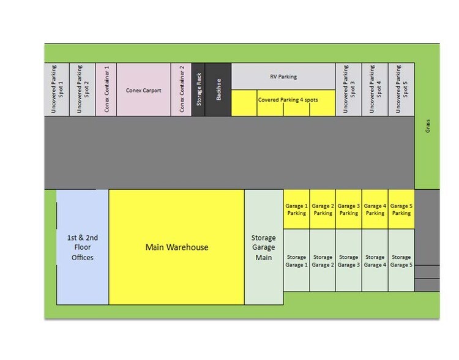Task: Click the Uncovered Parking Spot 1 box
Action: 57,89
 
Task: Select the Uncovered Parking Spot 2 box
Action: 82,89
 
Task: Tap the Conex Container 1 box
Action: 106,89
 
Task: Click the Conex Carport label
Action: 143,91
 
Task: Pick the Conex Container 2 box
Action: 181,89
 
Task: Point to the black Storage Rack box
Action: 198,89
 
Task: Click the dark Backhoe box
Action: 218,89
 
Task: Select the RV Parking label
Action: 283,77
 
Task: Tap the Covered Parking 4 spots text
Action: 288,100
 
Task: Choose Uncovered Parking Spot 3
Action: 349,89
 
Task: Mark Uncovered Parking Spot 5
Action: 401,89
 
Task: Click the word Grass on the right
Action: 428,126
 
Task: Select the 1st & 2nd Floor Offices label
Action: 83,247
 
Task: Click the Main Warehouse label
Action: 177,247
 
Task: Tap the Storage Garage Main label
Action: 263,247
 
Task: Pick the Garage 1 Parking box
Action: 297,209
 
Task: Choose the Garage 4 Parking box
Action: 375,209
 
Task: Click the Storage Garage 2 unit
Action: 323,260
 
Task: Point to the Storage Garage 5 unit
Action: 401,260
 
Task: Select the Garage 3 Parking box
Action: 349,209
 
